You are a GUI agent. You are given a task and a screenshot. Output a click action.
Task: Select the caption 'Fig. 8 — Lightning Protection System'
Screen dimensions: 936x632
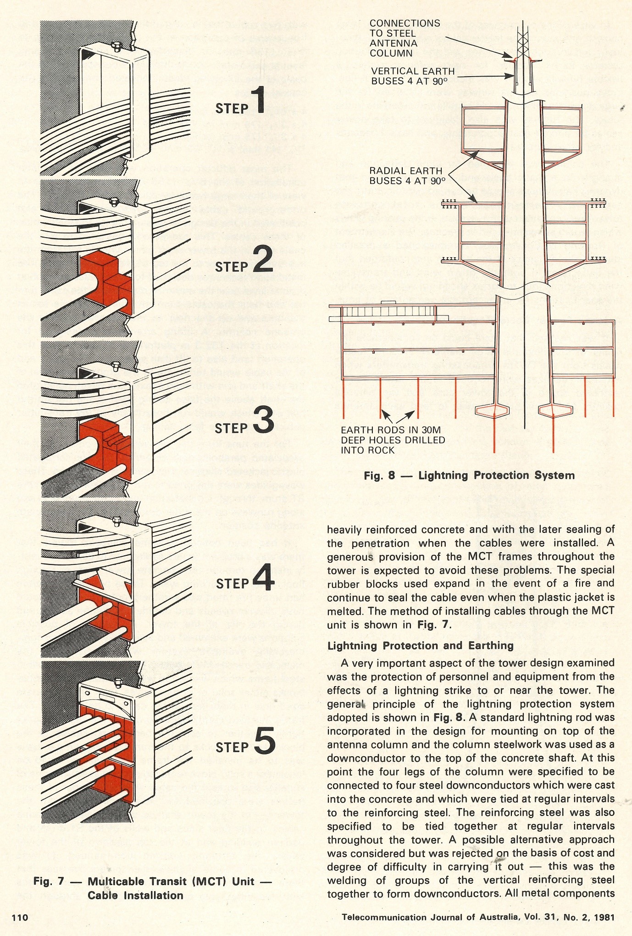[469, 475]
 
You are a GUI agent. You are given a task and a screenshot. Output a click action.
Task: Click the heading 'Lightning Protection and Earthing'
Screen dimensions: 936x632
[420, 645]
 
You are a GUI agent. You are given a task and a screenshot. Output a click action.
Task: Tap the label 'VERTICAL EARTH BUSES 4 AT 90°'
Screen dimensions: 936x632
[413, 76]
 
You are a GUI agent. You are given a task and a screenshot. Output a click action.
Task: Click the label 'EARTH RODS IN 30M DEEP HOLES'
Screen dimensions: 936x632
[393, 440]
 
